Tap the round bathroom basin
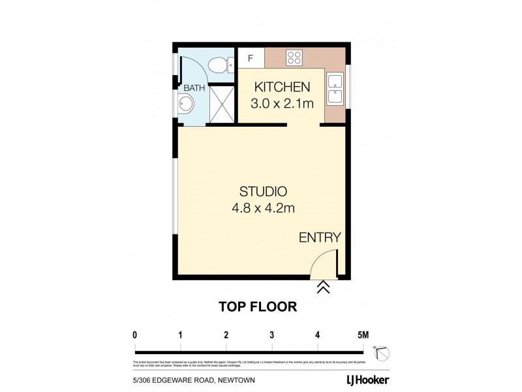point(186,104)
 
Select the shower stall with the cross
point(222,104)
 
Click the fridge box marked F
point(251,57)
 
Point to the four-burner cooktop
point(294,57)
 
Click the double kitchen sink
point(336,90)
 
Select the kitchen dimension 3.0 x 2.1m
point(281,103)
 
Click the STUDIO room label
point(263,191)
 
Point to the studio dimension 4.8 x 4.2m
point(263,209)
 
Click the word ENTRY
point(320,237)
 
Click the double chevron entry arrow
point(323,288)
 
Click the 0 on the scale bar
point(135,335)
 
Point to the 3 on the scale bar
point(271,335)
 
